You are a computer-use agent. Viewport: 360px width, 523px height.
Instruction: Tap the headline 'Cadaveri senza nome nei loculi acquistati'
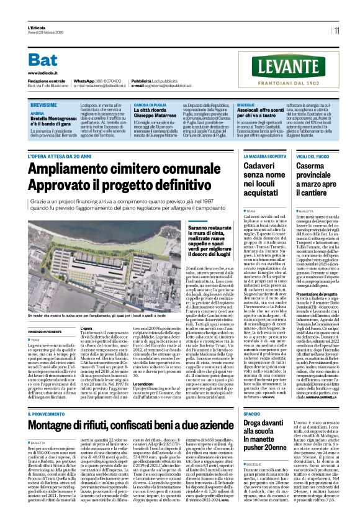[261, 180]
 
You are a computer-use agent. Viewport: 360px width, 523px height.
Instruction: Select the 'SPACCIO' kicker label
[251, 413]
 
